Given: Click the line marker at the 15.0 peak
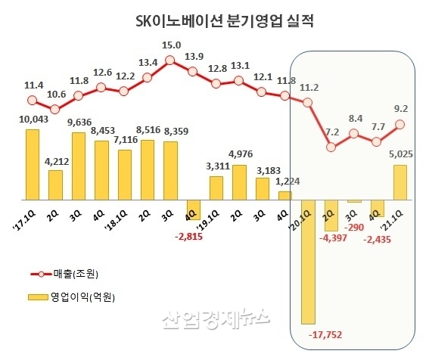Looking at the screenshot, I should tap(170, 60).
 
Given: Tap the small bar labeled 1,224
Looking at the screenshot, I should tap(284, 195).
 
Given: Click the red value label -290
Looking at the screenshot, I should tap(353, 226).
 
